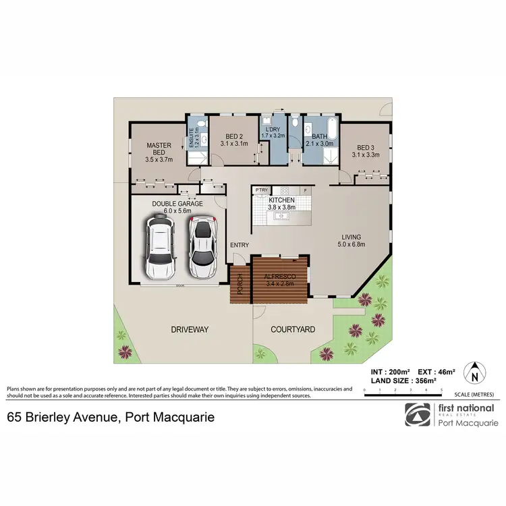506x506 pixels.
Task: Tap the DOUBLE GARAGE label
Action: tap(172, 206)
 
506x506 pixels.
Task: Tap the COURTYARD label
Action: tap(293, 330)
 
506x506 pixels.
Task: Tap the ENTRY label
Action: tap(240, 245)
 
